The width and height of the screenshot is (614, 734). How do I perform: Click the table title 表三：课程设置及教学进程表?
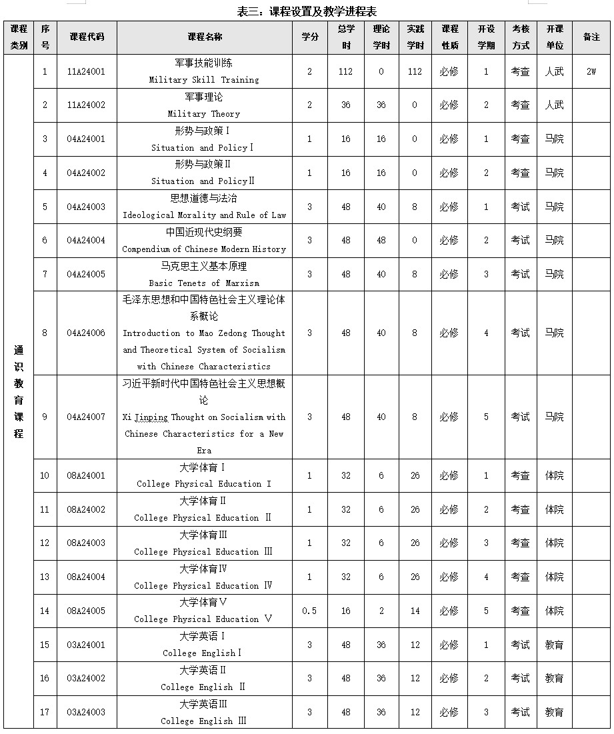(307, 11)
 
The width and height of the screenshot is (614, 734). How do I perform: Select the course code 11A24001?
(86, 71)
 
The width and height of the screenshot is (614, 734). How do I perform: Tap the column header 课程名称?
(205, 37)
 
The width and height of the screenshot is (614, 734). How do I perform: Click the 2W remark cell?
(591, 71)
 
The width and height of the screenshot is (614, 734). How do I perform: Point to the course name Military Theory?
(204, 114)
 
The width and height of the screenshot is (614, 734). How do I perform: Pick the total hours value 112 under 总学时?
(345, 71)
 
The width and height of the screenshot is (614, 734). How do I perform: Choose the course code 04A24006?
(86, 333)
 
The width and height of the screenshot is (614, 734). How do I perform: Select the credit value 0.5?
(309, 611)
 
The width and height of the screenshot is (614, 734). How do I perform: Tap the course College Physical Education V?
(204, 619)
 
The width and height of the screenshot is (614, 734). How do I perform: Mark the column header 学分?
(309, 37)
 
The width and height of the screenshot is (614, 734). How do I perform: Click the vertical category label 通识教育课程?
(19, 391)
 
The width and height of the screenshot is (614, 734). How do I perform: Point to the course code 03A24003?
(86, 712)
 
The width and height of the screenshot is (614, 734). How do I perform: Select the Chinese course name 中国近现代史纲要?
(204, 232)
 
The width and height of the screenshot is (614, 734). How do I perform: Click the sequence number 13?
(45, 577)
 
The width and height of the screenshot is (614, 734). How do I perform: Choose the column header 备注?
(591, 37)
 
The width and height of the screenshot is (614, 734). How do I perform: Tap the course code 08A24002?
(86, 509)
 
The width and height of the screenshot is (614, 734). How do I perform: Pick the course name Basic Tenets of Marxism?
(204, 283)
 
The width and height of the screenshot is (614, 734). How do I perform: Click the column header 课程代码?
(87, 37)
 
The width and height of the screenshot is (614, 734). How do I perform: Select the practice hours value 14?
(415, 611)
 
